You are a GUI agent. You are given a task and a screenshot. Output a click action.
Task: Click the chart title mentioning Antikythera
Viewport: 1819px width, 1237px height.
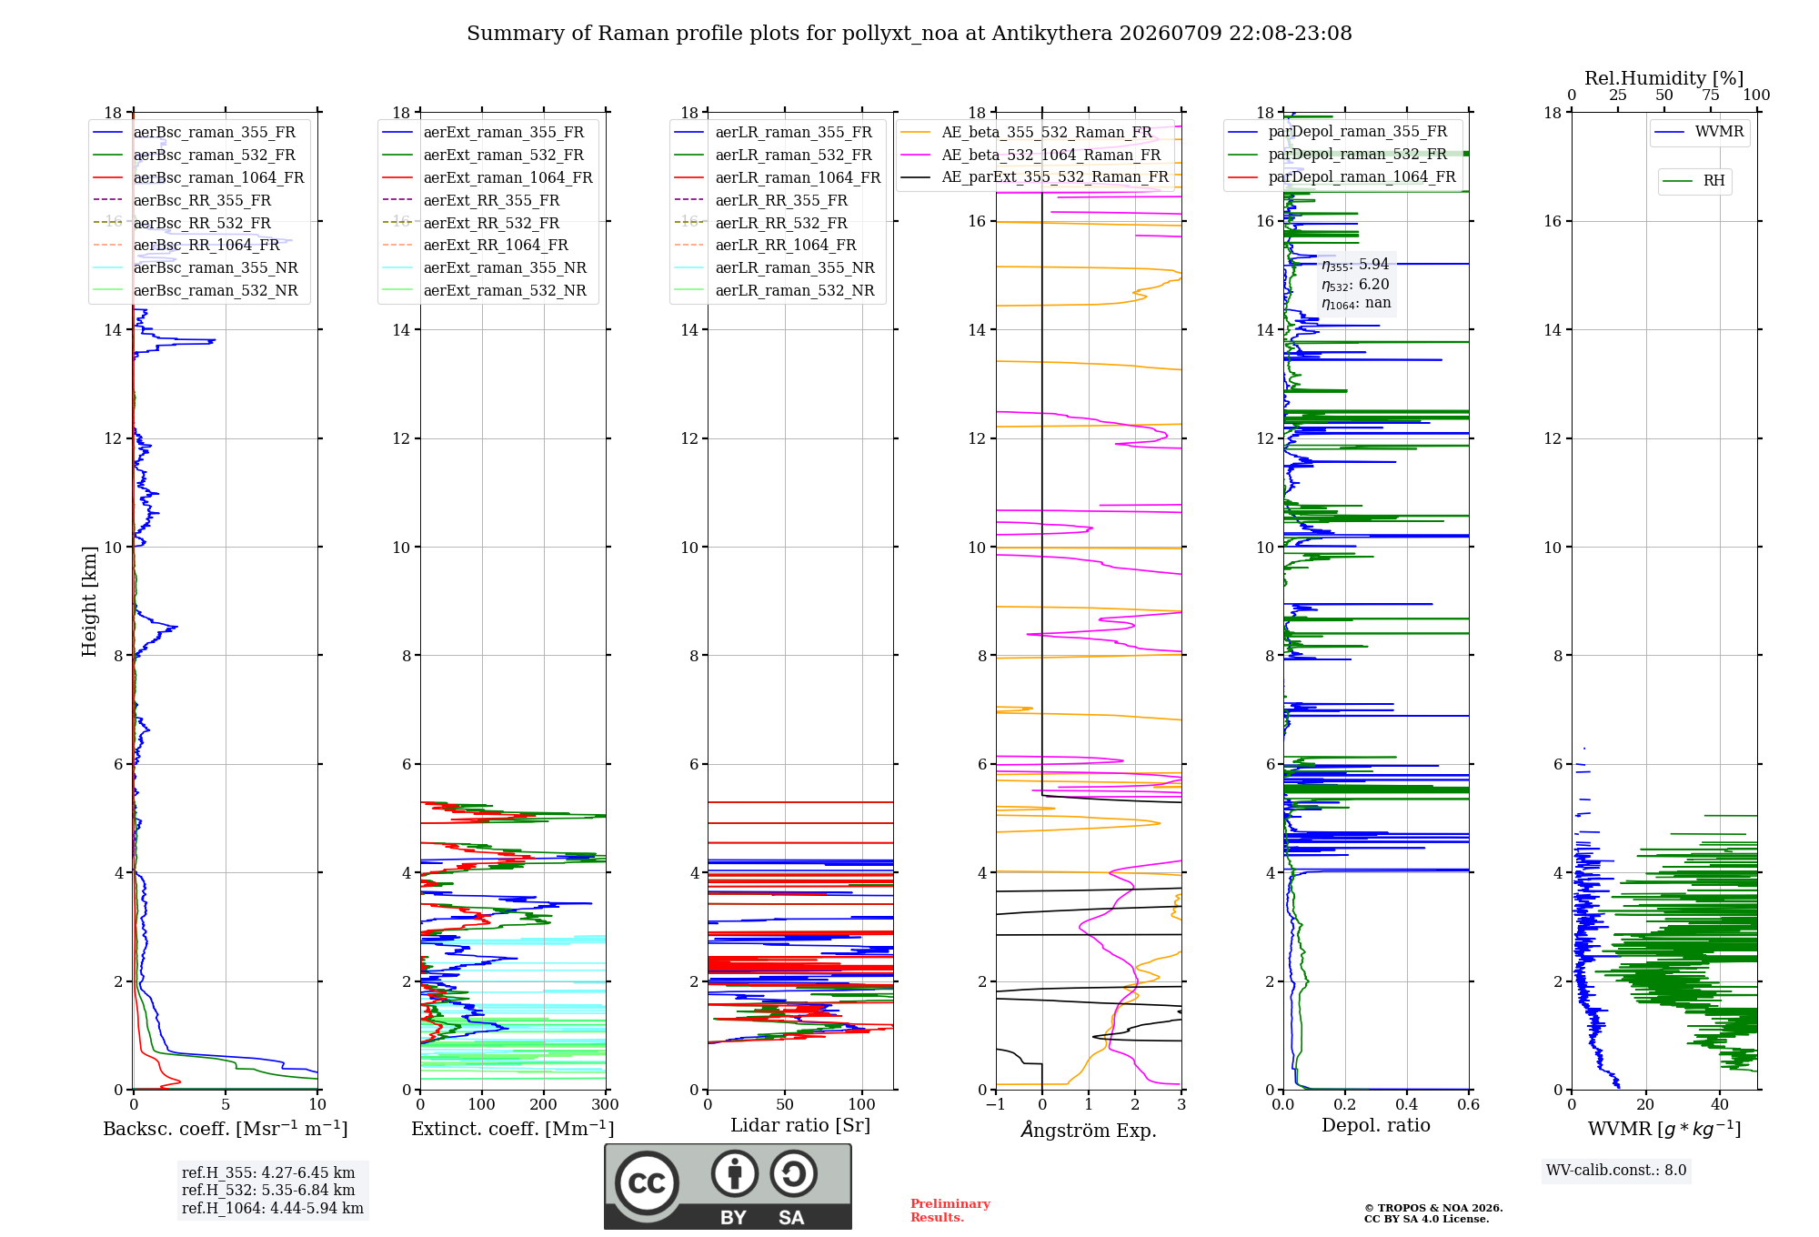(909, 34)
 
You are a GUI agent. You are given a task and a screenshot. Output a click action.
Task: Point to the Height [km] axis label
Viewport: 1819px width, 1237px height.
(89, 601)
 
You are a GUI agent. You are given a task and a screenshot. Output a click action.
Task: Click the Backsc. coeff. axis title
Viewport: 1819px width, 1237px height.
(226, 1129)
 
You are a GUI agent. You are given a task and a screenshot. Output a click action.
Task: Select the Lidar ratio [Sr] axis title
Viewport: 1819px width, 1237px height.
(800, 1126)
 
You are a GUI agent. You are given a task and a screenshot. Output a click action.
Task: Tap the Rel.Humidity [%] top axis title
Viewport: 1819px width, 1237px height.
(1664, 78)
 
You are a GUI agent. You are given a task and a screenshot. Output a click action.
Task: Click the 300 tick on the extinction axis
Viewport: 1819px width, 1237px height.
(606, 1105)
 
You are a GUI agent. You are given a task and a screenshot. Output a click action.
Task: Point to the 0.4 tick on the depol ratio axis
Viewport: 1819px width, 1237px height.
(1407, 1105)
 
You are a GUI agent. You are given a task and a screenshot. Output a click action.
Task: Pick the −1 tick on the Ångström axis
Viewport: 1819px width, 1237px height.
(996, 1105)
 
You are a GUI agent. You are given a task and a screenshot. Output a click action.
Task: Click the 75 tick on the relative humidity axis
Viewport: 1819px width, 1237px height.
(1711, 96)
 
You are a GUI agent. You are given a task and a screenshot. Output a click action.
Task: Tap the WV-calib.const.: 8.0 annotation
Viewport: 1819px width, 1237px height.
(1616, 1171)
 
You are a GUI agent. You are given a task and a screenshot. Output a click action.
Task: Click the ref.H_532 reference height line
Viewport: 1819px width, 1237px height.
(268, 1191)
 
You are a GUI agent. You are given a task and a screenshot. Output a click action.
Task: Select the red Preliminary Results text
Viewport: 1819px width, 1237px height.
(950, 1211)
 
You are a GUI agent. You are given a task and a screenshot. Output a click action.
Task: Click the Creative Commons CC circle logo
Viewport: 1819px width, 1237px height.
(648, 1182)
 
